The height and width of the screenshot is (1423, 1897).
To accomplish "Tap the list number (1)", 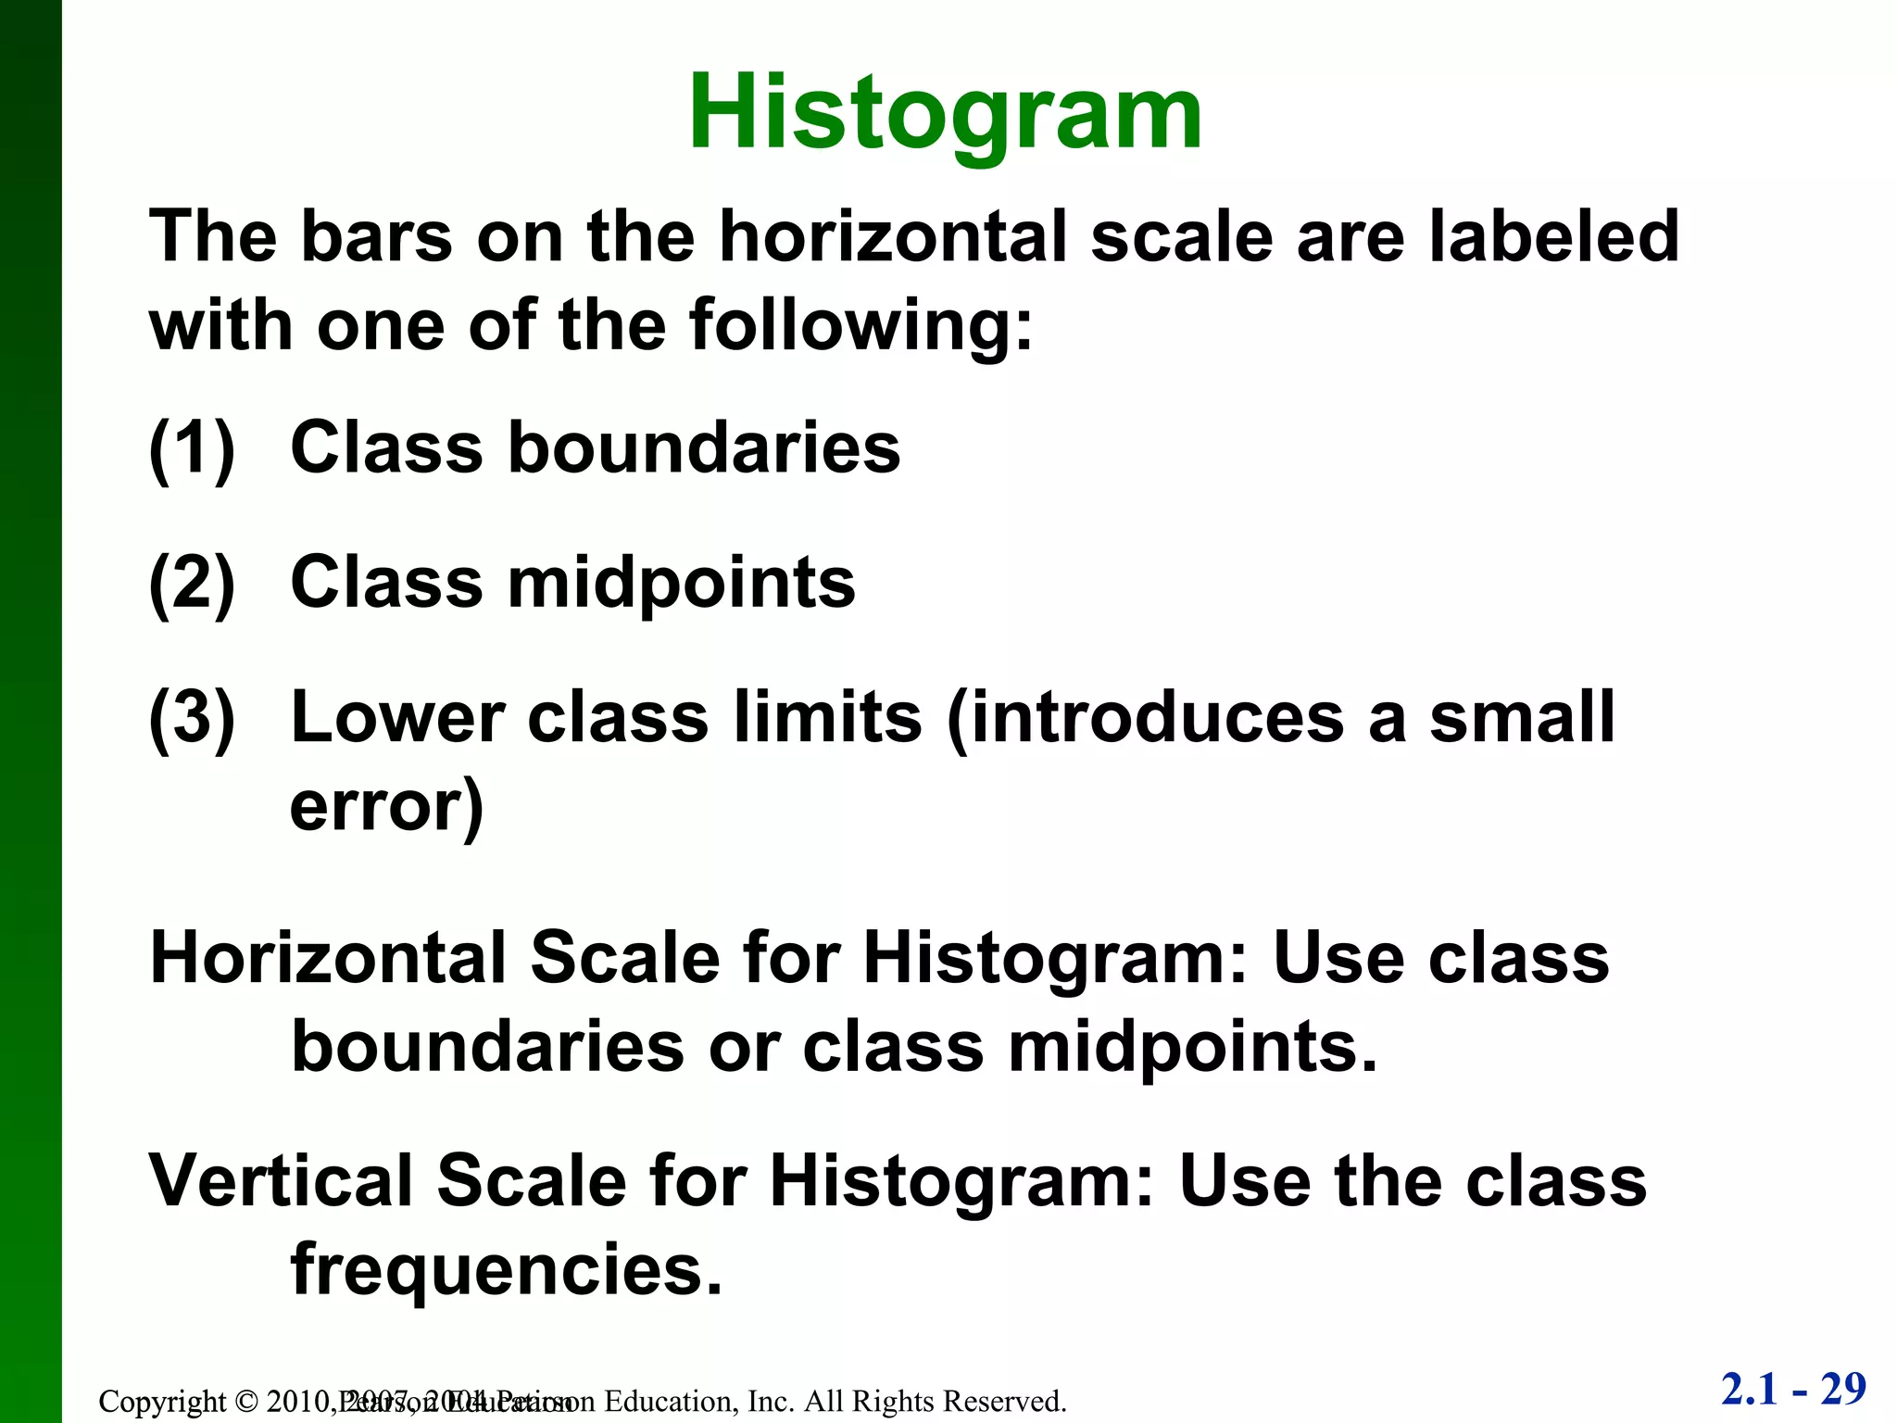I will [x=192, y=448].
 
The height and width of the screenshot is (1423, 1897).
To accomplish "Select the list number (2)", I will [x=192, y=584].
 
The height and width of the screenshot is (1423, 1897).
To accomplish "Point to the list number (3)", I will [x=192, y=718].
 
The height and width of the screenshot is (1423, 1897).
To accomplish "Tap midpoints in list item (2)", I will [x=682, y=584].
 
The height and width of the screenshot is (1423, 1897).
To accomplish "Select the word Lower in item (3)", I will [x=398, y=718].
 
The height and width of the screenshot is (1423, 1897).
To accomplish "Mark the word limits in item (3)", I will [x=827, y=718].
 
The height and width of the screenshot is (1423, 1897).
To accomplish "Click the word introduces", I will [x=1145, y=718].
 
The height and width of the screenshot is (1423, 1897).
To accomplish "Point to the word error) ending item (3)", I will [x=387, y=806].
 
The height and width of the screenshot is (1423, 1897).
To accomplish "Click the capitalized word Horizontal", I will [x=328, y=958].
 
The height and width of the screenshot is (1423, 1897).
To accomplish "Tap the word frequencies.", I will [x=506, y=1270].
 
